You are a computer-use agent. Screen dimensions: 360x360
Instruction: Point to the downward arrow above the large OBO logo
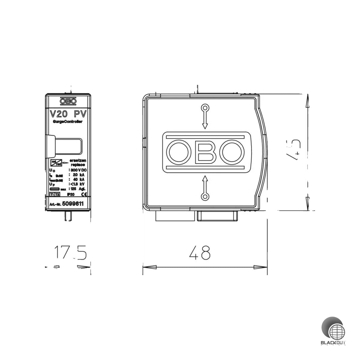[205, 117]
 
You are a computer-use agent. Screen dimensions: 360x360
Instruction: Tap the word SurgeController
[68, 121]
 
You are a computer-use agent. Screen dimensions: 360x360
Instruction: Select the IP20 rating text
[71, 195]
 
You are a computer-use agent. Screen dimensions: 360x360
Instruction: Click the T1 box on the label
[52, 195]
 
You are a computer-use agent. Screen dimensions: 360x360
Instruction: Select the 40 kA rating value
[77, 179]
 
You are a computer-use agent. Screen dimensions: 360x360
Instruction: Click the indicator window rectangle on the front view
[68, 146]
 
